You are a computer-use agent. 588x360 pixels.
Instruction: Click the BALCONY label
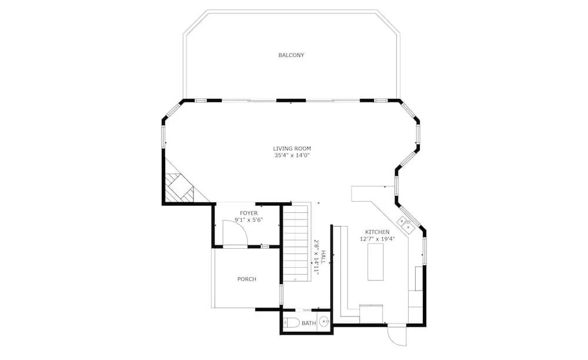(291, 55)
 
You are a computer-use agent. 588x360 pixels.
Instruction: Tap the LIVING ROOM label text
(292, 148)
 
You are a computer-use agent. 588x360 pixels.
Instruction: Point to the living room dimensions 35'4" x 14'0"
(292, 155)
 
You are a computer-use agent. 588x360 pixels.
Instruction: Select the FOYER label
(249, 214)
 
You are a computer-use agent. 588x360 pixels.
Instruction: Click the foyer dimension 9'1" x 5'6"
(249, 220)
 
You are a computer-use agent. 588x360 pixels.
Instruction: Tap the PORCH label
(247, 279)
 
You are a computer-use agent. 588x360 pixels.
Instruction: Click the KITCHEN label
(377, 232)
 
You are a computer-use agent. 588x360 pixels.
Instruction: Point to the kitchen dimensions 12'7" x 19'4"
(377, 238)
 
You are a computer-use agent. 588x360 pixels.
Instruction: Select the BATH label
(309, 323)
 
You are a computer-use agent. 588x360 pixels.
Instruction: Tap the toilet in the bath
(292, 322)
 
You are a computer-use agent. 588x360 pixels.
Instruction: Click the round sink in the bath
(324, 322)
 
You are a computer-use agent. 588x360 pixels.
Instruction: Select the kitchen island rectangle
(375, 262)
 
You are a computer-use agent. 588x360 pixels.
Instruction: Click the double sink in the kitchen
(405, 224)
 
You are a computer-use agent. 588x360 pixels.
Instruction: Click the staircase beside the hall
(296, 242)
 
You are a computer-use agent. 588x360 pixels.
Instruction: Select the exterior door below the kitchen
(397, 335)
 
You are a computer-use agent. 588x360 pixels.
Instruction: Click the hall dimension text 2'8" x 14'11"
(316, 257)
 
